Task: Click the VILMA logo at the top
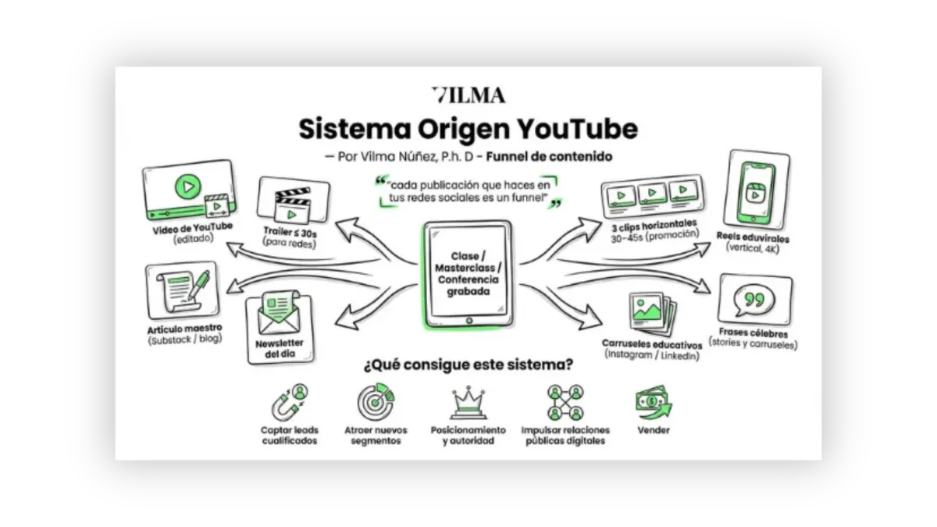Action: (x=468, y=95)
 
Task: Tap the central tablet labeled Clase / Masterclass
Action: (x=468, y=273)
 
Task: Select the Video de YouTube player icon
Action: (x=189, y=191)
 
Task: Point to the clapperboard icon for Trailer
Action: (x=293, y=201)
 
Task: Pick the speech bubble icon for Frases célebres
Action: (x=754, y=300)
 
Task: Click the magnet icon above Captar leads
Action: (x=289, y=403)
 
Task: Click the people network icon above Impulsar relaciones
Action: (x=565, y=403)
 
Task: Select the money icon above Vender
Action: (x=653, y=402)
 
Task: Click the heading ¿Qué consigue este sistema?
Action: (x=468, y=364)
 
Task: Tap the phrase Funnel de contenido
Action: (x=549, y=156)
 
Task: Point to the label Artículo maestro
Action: (x=183, y=329)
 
